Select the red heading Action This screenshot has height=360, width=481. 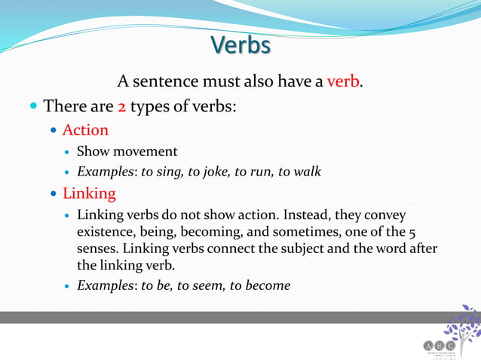click(x=85, y=130)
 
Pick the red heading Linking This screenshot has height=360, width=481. click(x=89, y=194)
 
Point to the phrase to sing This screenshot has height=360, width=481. click(x=163, y=172)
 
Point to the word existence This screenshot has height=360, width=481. click(x=107, y=232)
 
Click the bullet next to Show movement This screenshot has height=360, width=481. click(x=67, y=152)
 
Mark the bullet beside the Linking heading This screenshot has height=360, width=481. click(x=54, y=194)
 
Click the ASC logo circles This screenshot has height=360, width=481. click(x=437, y=345)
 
